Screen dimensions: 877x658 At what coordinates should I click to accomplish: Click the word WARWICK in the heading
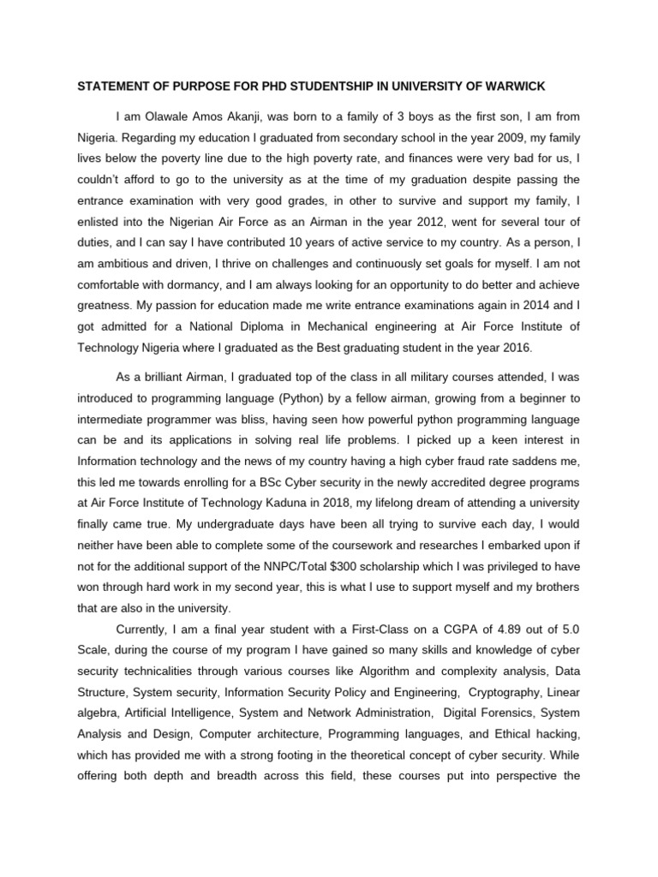pos(508,87)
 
